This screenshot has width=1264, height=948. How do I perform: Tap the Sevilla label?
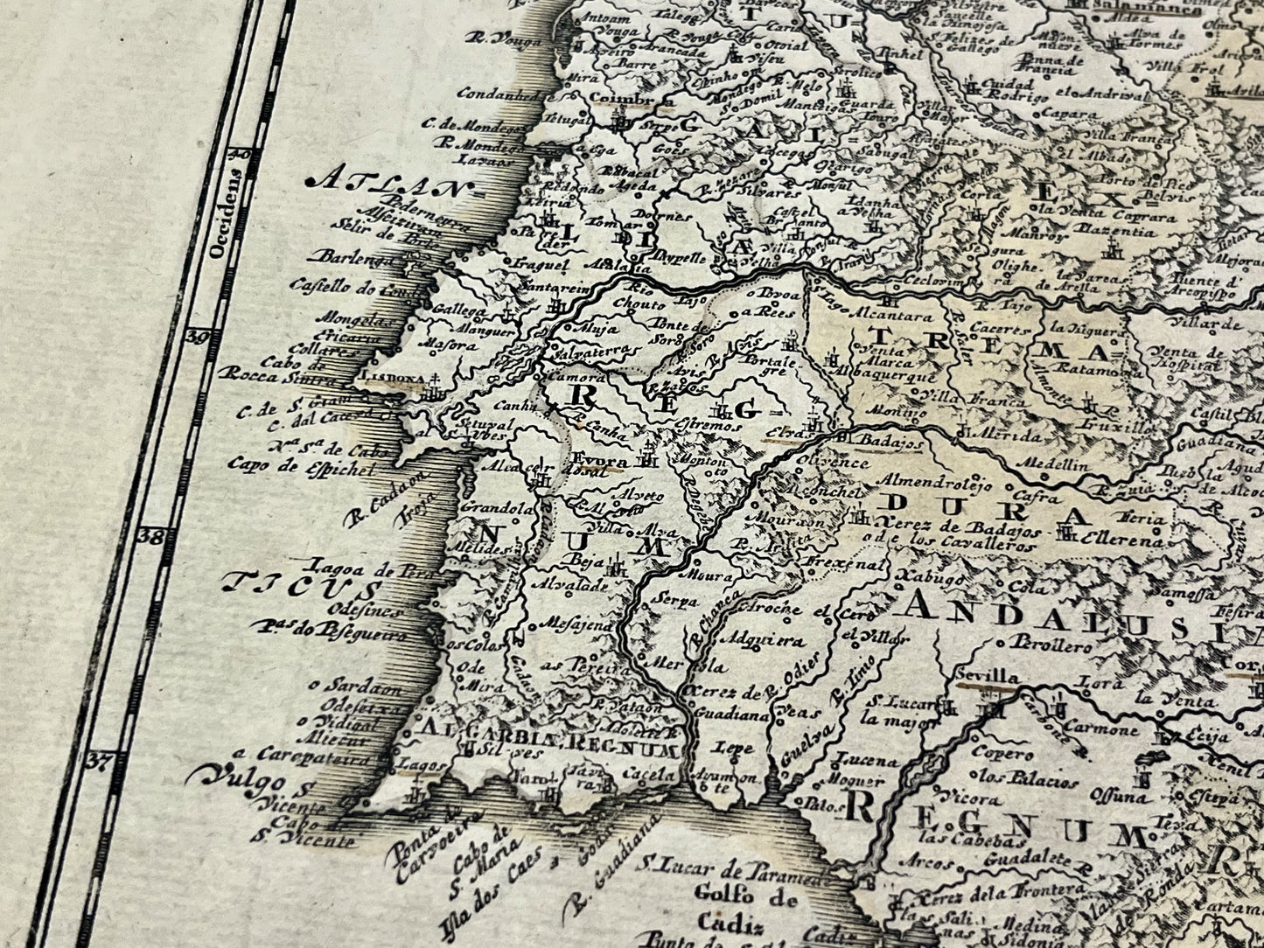[x=988, y=676]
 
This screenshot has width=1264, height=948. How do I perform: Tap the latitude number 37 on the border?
[x=102, y=760]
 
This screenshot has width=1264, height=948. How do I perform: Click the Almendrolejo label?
[x=937, y=480]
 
